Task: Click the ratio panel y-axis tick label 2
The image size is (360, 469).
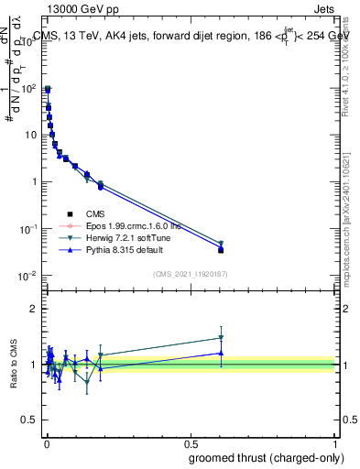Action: (34, 309)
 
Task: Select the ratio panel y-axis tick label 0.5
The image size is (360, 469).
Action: (29, 421)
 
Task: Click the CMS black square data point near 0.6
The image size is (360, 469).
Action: (221, 249)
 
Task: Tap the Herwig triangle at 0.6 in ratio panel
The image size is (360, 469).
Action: (221, 338)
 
